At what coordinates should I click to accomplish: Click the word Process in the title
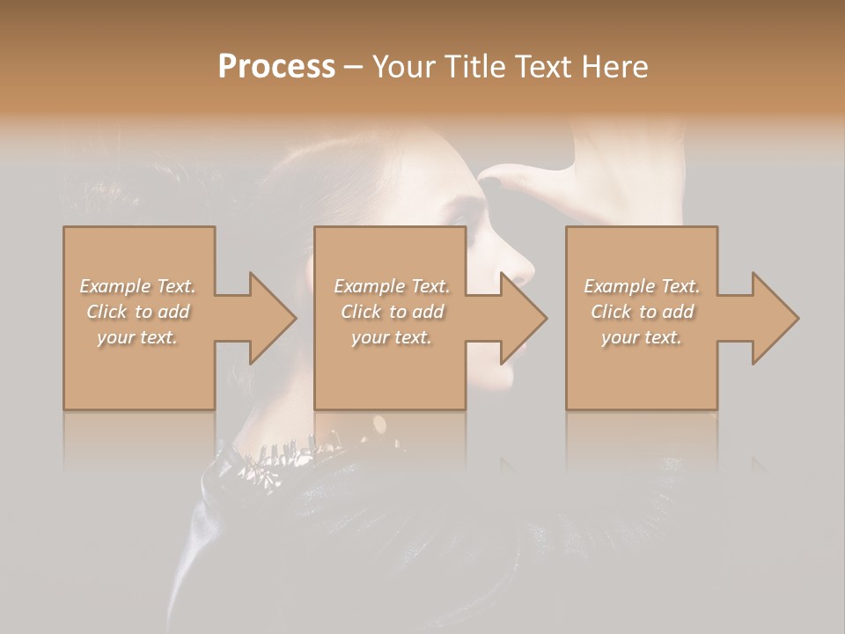276,67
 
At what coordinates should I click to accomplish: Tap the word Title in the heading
475,67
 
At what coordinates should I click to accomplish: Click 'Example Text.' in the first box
137,286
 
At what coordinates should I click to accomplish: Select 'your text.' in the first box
137,337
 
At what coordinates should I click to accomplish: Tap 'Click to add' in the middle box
392,312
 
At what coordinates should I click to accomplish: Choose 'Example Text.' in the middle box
392,286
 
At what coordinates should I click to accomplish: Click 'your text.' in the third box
642,337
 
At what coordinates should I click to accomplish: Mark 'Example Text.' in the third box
642,286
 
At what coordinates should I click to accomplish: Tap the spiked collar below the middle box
290,451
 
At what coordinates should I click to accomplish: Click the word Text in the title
547,67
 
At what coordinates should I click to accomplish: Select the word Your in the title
401,67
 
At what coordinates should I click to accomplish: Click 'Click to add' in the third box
642,312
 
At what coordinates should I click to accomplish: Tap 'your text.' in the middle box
392,337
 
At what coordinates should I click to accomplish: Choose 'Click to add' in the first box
137,312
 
